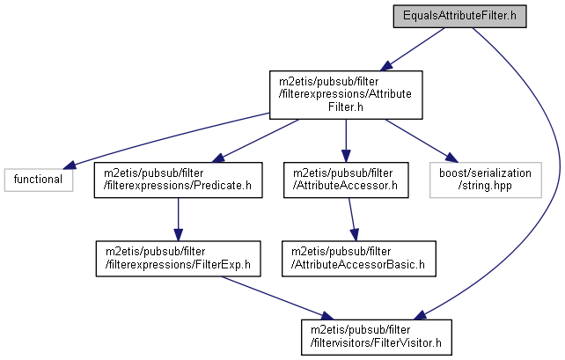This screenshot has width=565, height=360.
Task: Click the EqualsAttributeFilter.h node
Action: point(459,16)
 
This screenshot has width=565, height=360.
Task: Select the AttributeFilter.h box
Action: point(346,95)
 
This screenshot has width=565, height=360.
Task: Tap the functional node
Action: point(39,180)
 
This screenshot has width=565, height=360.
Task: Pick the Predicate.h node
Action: point(178,180)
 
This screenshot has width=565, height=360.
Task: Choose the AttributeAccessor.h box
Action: point(346,180)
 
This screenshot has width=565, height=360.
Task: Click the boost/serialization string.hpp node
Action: point(486,180)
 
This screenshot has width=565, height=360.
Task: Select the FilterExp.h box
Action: point(178,259)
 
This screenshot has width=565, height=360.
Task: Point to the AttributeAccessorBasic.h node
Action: point(359,259)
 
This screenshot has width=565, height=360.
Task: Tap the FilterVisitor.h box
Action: point(377,337)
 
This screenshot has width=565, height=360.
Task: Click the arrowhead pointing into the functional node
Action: point(70,165)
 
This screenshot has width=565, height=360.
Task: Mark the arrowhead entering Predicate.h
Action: point(218,158)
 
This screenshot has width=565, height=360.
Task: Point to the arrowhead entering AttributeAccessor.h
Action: point(346,156)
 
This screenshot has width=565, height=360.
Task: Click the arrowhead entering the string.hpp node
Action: point(451,158)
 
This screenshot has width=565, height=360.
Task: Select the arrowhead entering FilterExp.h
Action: point(178,234)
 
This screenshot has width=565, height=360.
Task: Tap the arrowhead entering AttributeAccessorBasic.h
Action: point(355,234)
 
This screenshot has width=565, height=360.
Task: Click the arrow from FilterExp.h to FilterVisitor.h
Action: point(277,298)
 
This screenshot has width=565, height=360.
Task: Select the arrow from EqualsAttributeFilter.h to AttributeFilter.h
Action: point(412,49)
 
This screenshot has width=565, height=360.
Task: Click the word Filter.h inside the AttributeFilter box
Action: point(346,107)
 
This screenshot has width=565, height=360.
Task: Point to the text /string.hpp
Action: point(485,186)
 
